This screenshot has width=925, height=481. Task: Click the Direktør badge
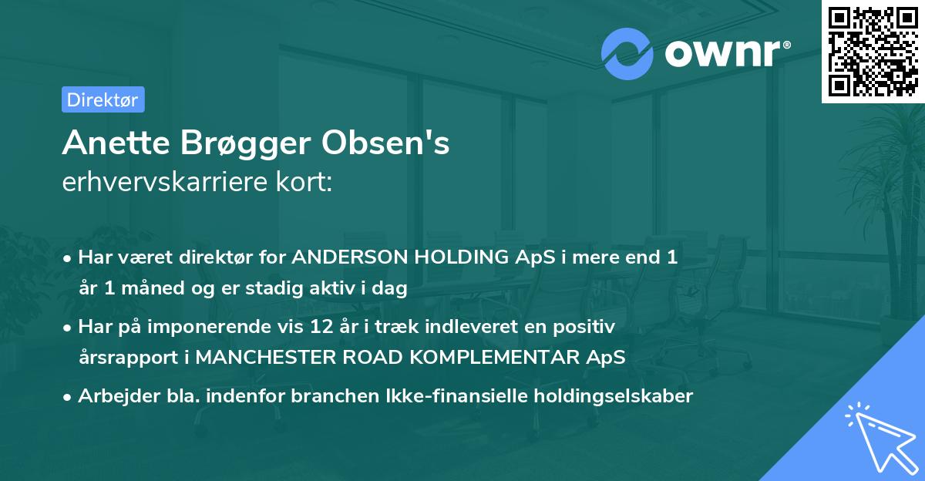[x=103, y=99]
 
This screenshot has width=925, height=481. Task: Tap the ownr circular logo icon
[x=627, y=53]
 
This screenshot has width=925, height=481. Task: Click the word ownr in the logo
[x=725, y=53]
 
